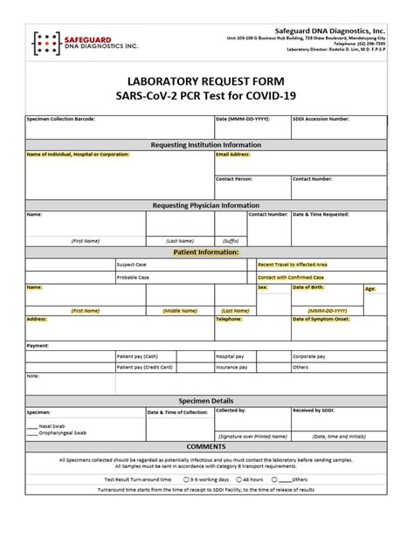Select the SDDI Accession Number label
pos(321,117)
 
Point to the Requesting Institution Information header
pos(206,144)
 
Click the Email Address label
pos(233,155)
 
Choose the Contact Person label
pos(235,178)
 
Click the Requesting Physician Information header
pos(206,205)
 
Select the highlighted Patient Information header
pos(206,252)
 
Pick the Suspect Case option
pos(133,264)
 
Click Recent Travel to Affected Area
pos(293,264)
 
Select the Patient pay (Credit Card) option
pos(143,368)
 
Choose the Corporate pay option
pos(310,356)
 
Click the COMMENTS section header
pos(206,446)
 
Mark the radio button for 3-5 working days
pos(187,480)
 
